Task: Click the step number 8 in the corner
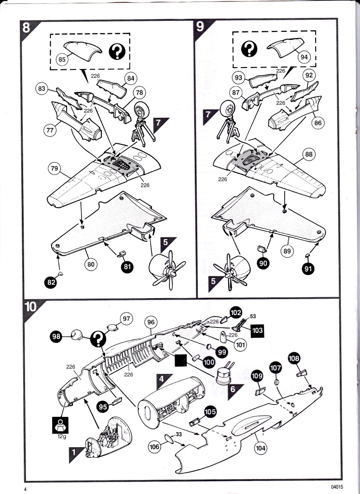26,27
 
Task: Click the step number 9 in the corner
200,27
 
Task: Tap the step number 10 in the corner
30,306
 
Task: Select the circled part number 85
62,59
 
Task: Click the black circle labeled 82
51,282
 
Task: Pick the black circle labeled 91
308,269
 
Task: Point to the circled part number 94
304,57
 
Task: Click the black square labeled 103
257,330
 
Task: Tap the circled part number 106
155,446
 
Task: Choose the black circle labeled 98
56,337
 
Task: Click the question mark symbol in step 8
117,52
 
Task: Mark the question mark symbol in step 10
98,339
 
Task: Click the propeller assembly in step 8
167,269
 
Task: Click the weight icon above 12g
60,425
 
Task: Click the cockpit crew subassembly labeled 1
108,437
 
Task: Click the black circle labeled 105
210,412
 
